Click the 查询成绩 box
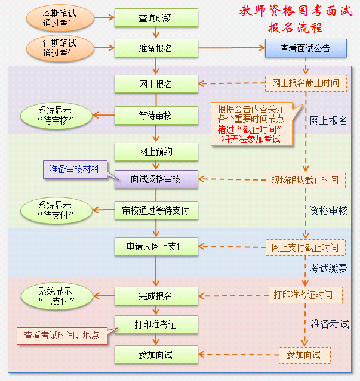(x=156, y=18)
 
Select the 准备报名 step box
(x=156, y=48)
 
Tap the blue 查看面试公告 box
(x=306, y=48)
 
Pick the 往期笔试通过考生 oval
(x=60, y=48)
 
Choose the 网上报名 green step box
(x=156, y=84)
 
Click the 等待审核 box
(x=156, y=116)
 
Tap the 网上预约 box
(x=156, y=151)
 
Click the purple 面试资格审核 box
(x=156, y=178)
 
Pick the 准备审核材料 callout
(x=74, y=169)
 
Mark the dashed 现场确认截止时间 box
(x=306, y=179)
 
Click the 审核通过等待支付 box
(x=156, y=210)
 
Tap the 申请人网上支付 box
(x=156, y=246)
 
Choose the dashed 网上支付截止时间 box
(x=306, y=246)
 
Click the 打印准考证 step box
(x=156, y=324)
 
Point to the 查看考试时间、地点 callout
(x=61, y=336)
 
